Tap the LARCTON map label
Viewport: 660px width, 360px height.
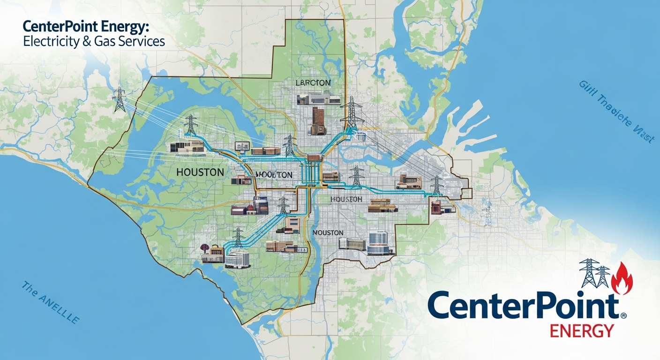[x=314, y=82]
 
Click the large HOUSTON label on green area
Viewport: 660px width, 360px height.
[x=200, y=172]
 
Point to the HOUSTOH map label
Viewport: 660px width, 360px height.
[x=346, y=199]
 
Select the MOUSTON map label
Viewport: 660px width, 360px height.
[x=328, y=232]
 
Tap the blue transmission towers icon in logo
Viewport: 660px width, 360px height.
[x=595, y=273]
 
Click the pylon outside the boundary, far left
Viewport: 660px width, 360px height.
[x=120, y=99]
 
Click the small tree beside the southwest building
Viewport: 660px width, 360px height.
[x=204, y=248]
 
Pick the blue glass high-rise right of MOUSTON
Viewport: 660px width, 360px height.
[x=378, y=243]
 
